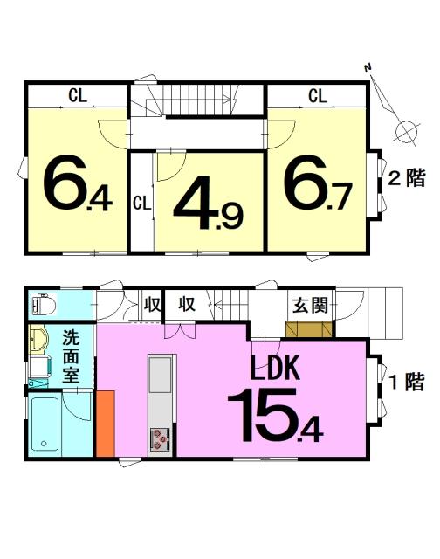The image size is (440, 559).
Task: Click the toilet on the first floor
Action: coord(44,305)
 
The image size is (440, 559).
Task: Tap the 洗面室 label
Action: coord(71,356)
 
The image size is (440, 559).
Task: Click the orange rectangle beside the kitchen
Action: coord(106,423)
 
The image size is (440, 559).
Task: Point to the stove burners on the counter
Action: coord(160,439)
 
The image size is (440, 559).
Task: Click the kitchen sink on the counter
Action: coord(160,375)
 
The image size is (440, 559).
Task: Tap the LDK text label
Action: coord(275,368)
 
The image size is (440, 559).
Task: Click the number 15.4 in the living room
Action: coord(275,416)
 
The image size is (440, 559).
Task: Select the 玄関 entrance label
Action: coord(310,305)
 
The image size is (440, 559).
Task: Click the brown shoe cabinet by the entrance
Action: coord(309,328)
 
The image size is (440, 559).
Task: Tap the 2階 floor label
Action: coord(407,178)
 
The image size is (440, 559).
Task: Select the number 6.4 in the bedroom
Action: coord(78,183)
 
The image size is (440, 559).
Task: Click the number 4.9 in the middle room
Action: coord(208,203)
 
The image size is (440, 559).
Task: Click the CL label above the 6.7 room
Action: coord(318,96)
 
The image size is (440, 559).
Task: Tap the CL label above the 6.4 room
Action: coord(78,95)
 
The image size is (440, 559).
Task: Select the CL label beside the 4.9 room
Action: coord(142,204)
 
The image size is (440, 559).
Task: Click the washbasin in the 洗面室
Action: coord(38,340)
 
